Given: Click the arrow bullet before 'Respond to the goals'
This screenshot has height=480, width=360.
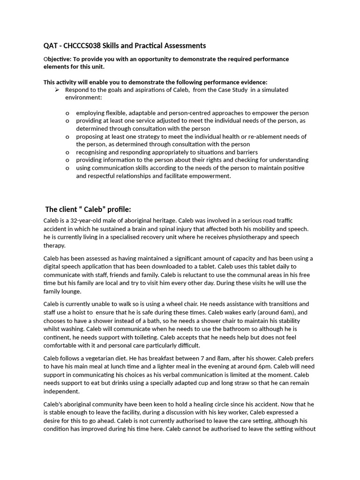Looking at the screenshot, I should coord(57,90).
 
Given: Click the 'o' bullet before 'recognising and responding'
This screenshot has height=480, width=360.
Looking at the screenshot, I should coord(67,152).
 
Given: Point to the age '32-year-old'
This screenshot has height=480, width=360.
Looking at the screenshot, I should coord(83,220).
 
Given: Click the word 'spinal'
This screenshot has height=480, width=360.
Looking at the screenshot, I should coord(195,229).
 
